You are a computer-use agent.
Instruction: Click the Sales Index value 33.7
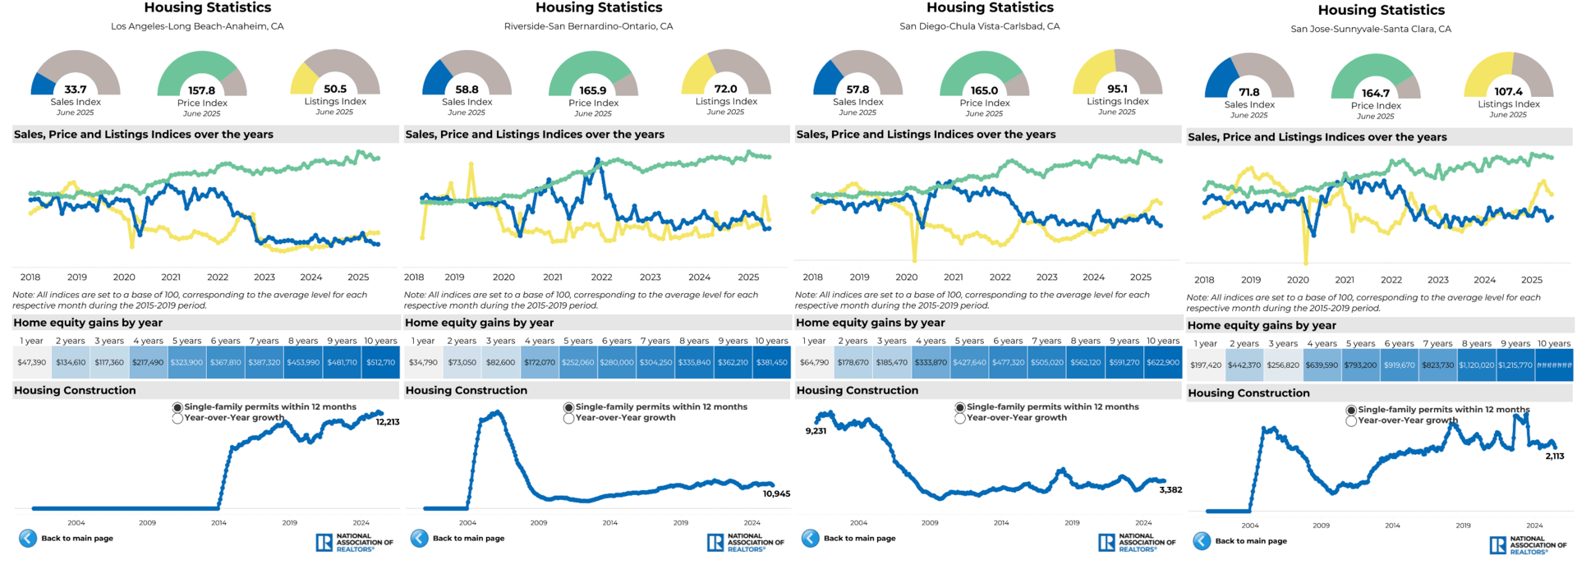pos(76,89)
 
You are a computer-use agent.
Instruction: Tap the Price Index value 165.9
pos(593,91)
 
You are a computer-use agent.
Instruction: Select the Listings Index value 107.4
pos(1509,92)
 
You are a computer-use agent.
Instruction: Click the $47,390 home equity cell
pos(32,362)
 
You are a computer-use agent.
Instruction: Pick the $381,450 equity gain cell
pos(771,362)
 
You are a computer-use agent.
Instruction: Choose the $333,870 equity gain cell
pos(931,362)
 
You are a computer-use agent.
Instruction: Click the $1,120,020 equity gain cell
pos(1476,365)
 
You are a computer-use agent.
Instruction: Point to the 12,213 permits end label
pos(388,422)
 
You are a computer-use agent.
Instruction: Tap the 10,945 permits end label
pos(776,493)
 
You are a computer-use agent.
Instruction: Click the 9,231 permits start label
pos(816,431)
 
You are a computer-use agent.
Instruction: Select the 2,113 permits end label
pos(1555,456)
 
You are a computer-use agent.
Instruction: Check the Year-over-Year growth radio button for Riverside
pos(568,418)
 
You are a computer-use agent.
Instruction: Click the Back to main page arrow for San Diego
pos(811,538)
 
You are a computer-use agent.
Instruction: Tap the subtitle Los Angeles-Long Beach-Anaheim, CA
pos(197,26)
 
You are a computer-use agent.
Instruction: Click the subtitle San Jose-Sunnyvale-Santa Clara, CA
pos(1371,29)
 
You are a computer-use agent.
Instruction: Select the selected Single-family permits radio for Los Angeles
pos(177,407)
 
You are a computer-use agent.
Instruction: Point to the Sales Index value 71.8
pos(1249,93)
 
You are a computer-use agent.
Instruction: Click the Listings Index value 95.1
pos(1117,89)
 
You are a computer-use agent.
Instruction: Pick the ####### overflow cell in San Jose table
pos(1554,365)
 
